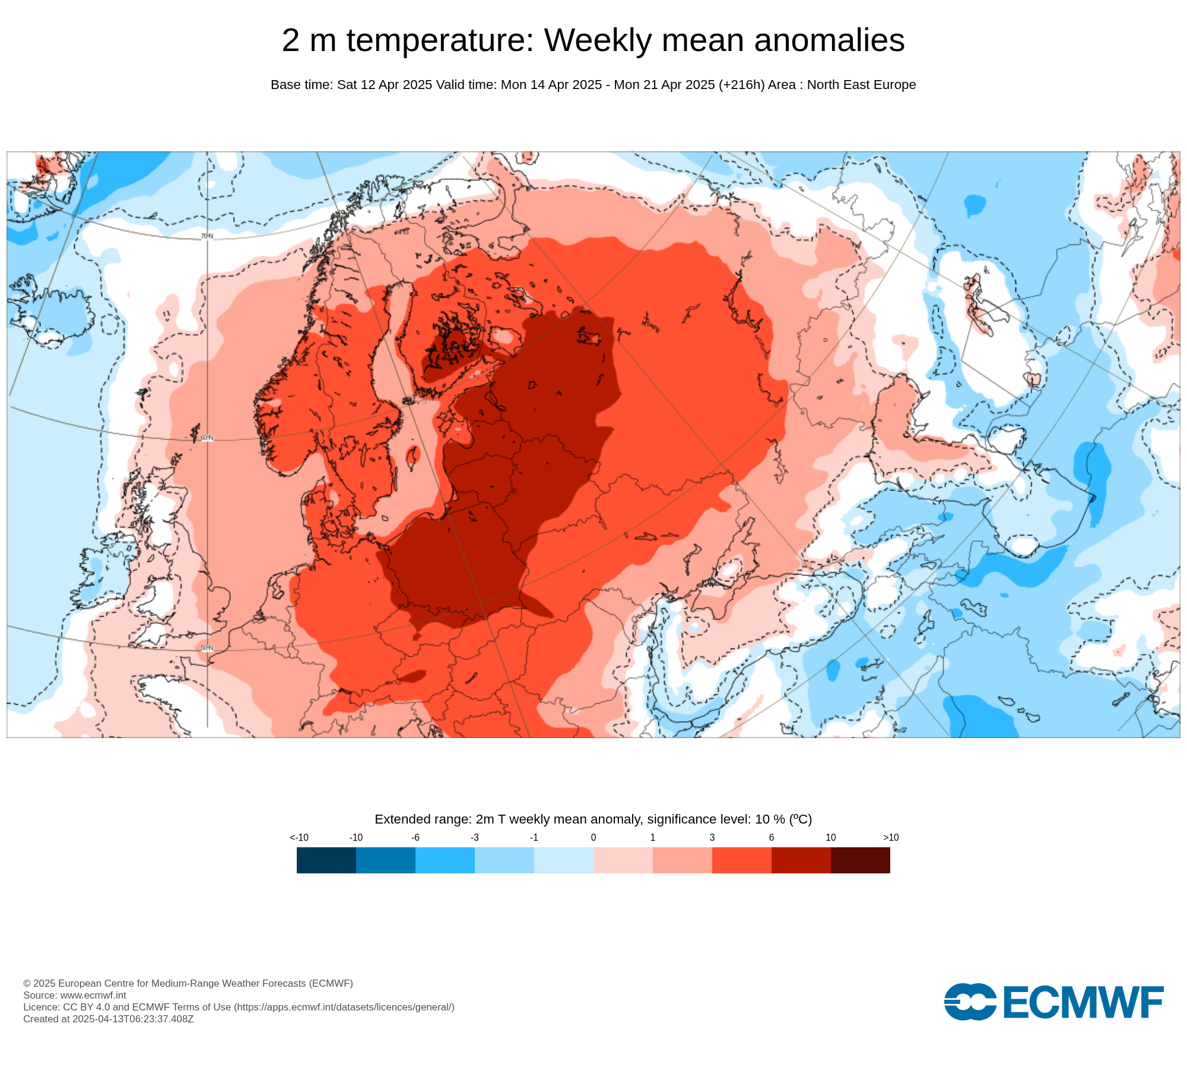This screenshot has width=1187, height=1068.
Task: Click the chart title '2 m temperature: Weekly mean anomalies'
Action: [x=593, y=40]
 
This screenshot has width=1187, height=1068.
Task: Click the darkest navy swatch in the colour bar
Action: [x=326, y=860]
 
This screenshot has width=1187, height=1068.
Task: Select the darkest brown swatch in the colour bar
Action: [x=860, y=860]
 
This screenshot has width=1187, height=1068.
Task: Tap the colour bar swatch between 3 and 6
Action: [x=741, y=860]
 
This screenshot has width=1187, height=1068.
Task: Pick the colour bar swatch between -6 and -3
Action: [x=445, y=860]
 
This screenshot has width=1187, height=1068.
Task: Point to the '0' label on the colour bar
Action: [x=593, y=837]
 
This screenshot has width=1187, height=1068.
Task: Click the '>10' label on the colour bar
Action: [x=890, y=837]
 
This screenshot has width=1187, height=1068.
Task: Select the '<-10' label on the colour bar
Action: [x=299, y=837]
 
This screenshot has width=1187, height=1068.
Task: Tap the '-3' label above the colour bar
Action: [x=475, y=837]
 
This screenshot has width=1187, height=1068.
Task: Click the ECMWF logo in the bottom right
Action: [x=1053, y=1002]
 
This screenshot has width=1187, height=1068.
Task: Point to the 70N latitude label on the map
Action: [x=207, y=236]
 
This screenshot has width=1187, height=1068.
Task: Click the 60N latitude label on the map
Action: [x=207, y=438]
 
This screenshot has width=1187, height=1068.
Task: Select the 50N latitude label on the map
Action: [x=207, y=648]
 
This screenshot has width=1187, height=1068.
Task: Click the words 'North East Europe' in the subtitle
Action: [x=861, y=85]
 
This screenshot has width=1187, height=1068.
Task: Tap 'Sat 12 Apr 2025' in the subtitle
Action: [x=385, y=85]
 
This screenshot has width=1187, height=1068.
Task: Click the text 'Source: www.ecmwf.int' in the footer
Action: [x=75, y=995]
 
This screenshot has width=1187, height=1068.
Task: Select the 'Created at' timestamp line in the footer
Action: [x=109, y=1019]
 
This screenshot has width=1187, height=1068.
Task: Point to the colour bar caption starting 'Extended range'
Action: [x=593, y=819]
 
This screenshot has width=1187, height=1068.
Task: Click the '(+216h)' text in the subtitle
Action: [x=741, y=85]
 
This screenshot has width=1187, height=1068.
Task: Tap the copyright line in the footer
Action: [x=188, y=983]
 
